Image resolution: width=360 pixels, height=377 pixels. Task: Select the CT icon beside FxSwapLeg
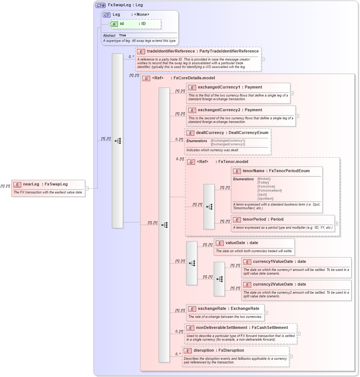(100, 5)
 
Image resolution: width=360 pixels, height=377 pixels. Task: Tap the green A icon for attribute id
(114, 24)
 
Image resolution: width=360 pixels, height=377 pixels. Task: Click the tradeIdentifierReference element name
(171, 51)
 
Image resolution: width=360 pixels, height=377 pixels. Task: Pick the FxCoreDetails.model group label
(194, 78)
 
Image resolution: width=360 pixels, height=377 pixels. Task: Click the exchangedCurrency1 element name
(215, 87)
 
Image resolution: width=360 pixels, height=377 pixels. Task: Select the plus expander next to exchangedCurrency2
(297, 116)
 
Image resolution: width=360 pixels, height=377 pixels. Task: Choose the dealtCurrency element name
(210, 133)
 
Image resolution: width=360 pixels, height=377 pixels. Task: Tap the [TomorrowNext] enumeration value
(270, 191)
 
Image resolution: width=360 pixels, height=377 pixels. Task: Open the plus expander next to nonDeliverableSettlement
(299, 334)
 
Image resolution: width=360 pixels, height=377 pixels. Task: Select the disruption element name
(209, 351)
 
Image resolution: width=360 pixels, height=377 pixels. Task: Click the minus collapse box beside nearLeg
(87, 188)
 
